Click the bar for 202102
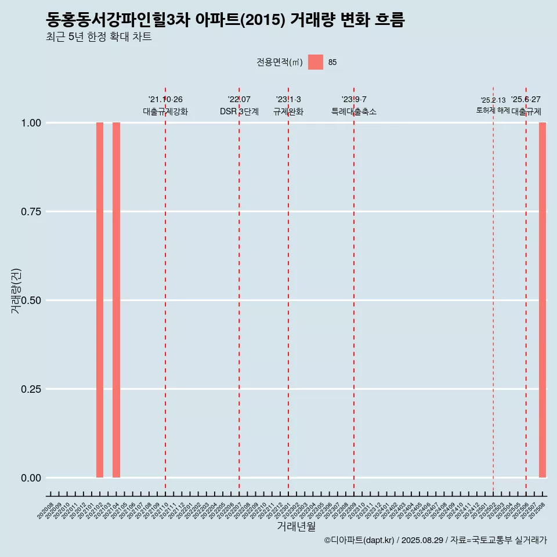pyautogui.click(x=100, y=300)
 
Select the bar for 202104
pyautogui.click(x=116, y=300)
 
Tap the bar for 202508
pyautogui.click(x=542, y=300)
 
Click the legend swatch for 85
pyautogui.click(x=316, y=62)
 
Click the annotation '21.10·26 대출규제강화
pyautogui.click(x=165, y=106)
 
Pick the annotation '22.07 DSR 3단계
pyautogui.click(x=239, y=106)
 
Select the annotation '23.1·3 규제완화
pyautogui.click(x=288, y=106)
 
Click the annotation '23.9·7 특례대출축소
pyautogui.click(x=354, y=106)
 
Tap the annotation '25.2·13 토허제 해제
pyautogui.click(x=493, y=105)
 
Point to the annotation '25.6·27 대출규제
pyautogui.click(x=526, y=106)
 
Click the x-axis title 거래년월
pyautogui.click(x=296, y=527)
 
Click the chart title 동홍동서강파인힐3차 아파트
pyautogui.click(x=225, y=20)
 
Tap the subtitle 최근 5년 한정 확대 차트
pyautogui.click(x=99, y=37)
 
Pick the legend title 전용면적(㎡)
pyautogui.click(x=280, y=62)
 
